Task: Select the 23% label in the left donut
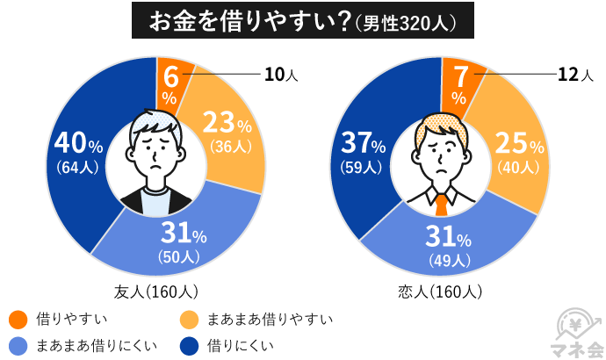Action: [x=227, y=122]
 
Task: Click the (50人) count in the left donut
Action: [x=179, y=256]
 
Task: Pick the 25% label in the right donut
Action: [x=519, y=143]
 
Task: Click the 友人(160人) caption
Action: [x=156, y=291]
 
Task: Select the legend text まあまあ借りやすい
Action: [x=271, y=319]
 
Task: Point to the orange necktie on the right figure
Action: [x=440, y=205]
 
